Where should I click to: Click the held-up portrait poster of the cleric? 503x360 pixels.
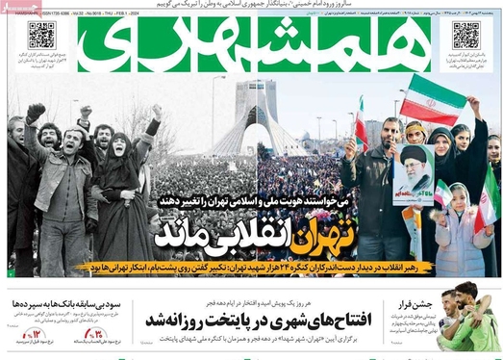point(413,174)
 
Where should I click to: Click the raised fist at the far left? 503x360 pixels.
point(36,112)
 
